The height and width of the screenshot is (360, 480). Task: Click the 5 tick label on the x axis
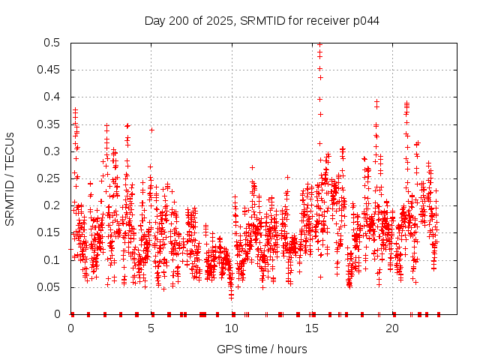click(x=151, y=328)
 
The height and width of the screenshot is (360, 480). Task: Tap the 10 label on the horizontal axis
click(x=232, y=328)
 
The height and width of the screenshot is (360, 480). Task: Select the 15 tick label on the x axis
click(x=313, y=328)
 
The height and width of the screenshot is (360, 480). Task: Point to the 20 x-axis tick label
click(x=394, y=328)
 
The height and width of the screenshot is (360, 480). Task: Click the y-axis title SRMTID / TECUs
click(x=10, y=179)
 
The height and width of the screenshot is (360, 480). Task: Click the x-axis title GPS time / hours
click(x=262, y=349)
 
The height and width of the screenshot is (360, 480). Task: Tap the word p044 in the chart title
click(x=364, y=20)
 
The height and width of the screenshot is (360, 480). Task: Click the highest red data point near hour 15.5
click(x=320, y=44)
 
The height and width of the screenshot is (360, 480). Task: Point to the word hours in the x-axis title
click(x=292, y=349)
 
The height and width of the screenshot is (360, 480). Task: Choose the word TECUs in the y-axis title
click(x=10, y=149)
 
